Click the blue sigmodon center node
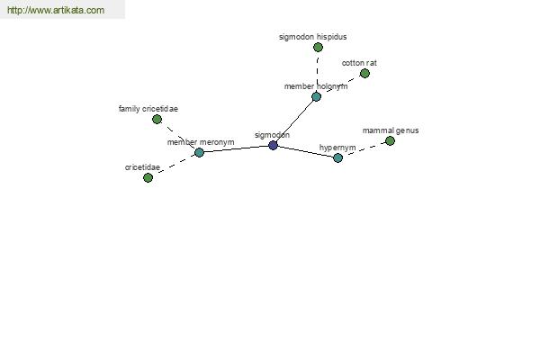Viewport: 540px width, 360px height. pos(273,146)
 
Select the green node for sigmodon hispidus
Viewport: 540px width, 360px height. pos(318,47)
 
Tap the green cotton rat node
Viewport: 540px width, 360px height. pos(364,74)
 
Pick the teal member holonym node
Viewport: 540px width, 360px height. pos(316,97)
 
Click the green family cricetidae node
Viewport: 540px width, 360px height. pos(157,120)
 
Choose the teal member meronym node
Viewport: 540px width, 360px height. pos(199,152)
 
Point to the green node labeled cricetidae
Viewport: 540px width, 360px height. pos(148,178)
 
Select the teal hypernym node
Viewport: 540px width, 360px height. pos(337,158)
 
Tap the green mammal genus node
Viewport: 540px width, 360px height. pos(390,141)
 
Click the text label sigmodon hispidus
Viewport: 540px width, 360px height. pos(312,37)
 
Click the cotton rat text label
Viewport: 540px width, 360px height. pos(359,63)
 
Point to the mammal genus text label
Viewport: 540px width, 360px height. pos(391,130)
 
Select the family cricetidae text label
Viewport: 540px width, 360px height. pos(148,109)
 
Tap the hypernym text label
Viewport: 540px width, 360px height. pos(337,148)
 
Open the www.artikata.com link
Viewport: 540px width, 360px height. pos(56,10)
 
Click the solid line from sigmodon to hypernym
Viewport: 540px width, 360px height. pos(305,151)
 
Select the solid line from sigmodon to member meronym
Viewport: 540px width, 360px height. pos(236,148)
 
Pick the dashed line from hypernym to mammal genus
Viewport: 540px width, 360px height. pos(364,149)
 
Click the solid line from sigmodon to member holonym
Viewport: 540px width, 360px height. pos(294,121)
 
